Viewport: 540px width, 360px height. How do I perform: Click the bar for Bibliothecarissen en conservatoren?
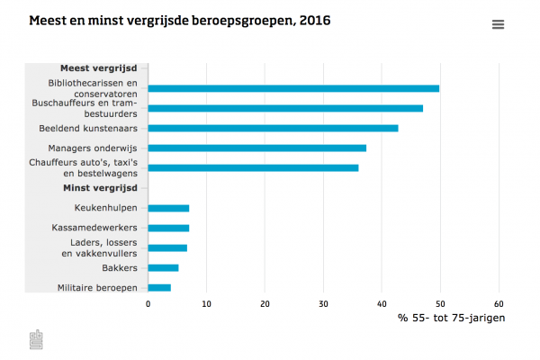point(293,88)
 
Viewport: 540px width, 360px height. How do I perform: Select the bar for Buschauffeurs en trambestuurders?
point(285,108)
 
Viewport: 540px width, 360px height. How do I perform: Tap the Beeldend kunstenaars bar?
point(273,128)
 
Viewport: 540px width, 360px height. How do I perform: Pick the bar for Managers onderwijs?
point(257,148)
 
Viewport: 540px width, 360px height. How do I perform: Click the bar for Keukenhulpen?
point(168,208)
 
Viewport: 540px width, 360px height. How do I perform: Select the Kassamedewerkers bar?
point(168,228)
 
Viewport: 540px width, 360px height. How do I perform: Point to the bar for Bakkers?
point(163,267)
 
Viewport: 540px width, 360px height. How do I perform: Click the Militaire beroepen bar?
point(159,287)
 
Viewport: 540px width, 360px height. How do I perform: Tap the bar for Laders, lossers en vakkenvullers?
point(167,247)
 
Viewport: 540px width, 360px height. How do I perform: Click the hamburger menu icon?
point(498,25)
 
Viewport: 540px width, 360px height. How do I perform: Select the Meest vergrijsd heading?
point(98,67)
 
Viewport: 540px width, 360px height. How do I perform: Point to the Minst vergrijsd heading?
point(99,187)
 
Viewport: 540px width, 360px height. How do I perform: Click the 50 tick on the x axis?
point(440,304)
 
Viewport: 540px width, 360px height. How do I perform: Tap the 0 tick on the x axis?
point(148,304)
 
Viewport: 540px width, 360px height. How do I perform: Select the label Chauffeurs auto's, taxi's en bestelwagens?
point(94,167)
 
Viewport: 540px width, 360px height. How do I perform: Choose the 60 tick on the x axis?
point(499,304)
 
